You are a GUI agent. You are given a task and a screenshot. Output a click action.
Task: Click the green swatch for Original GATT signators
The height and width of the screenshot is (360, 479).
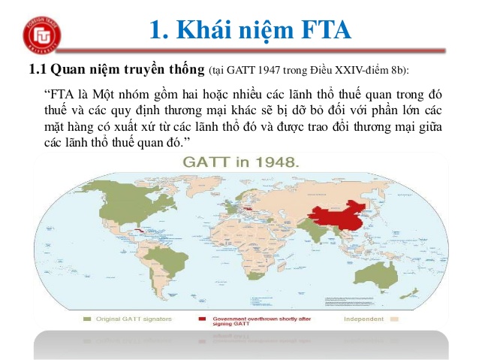pos(88,319)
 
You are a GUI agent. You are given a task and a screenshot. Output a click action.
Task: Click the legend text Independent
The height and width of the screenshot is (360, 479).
pos(363,319)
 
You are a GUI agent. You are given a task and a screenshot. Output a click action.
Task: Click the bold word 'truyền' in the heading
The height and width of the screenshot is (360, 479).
pos(145,71)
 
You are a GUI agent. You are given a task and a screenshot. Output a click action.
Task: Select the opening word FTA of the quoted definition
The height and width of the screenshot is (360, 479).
pos(63,95)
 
